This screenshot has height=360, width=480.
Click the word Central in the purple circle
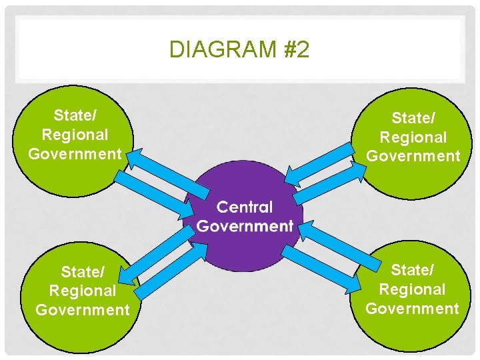[245, 207]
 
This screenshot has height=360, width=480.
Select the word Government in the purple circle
[245, 226]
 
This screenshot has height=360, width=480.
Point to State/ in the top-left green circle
[75, 116]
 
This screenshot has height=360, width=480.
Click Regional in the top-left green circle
[75, 135]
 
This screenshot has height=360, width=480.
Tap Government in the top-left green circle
[75, 154]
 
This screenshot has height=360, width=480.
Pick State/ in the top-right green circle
[413, 118]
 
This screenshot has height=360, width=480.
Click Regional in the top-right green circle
[413, 137]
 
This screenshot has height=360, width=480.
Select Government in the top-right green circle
[413, 156]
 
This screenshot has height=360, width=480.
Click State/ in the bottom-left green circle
[83, 272]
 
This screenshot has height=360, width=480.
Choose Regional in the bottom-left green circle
[83, 291]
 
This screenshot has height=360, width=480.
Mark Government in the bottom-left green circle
[83, 310]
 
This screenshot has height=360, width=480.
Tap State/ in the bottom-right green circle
[412, 270]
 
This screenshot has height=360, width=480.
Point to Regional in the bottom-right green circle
[412, 289]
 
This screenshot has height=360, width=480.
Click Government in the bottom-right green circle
[412, 308]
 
